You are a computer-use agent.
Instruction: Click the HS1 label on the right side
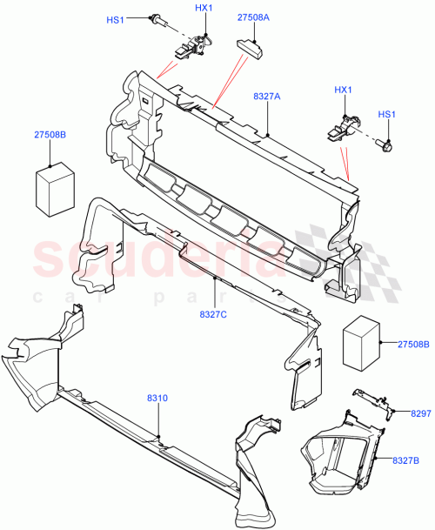coord(387,113)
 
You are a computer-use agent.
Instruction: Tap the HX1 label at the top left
coord(203,8)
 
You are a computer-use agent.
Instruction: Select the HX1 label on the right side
coord(343,89)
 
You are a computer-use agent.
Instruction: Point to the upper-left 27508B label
coord(50,135)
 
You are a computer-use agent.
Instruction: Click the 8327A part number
coord(266,97)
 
